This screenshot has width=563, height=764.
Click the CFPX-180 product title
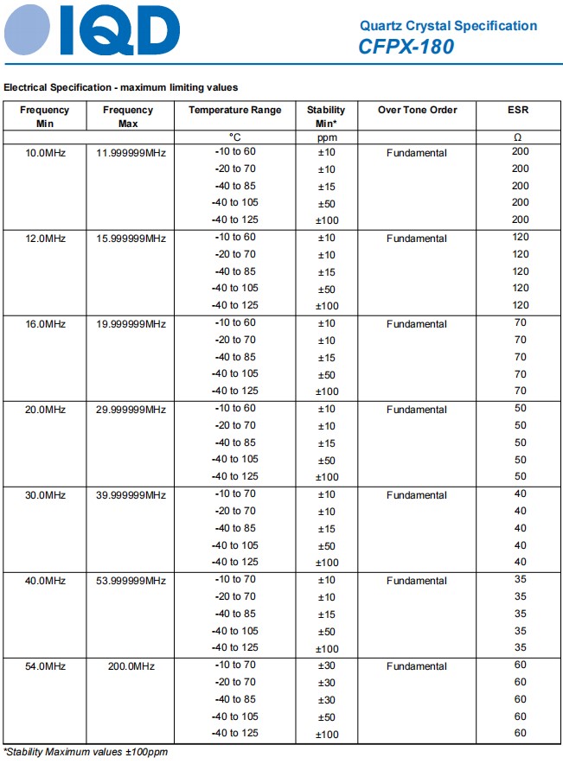[406, 48]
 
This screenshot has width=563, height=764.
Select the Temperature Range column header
[235, 110]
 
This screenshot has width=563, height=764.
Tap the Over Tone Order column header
[417, 110]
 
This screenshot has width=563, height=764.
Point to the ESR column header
[518, 110]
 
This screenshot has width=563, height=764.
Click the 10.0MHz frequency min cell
[46, 153]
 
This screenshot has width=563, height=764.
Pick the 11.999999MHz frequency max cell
[131, 153]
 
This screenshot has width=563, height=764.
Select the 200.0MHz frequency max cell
[131, 666]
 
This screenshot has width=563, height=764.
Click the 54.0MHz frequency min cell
[46, 666]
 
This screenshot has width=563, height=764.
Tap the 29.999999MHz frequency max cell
[131, 410]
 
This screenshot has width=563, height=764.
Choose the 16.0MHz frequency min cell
[46, 324]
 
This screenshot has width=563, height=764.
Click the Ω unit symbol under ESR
[518, 137]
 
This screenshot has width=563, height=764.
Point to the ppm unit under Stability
[326, 137]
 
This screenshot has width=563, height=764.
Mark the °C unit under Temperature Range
[235, 137]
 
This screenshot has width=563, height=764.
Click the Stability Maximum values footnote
[86, 752]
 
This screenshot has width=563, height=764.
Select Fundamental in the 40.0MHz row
[417, 581]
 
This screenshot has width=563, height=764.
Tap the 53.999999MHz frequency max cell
[131, 581]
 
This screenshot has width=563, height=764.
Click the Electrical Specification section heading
[121, 87]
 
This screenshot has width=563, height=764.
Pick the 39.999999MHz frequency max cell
[131, 495]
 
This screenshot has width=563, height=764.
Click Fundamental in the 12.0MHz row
[417, 239]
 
